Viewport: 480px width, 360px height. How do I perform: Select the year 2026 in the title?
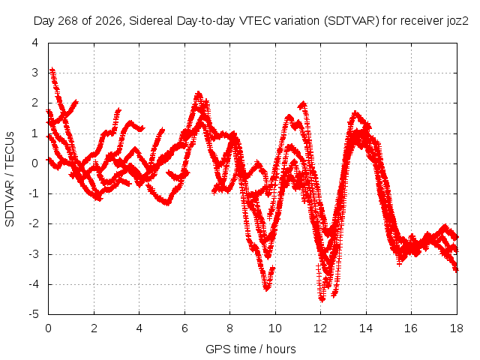108,21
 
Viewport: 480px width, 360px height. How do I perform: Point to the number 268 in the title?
67,21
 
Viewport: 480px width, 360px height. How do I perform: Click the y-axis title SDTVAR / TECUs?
10,179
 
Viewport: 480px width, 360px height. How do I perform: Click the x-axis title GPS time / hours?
250,349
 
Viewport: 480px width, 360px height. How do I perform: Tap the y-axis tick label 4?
35,43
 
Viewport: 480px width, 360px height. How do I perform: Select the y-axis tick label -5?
34,314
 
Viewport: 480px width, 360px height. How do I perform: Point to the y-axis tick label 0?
35,163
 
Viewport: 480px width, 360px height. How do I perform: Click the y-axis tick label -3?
34,253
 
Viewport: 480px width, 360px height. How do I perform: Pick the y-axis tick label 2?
35,103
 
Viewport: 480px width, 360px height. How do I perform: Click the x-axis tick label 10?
275,328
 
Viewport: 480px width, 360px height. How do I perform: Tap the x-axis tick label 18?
457,328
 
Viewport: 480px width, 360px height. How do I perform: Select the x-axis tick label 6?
184,328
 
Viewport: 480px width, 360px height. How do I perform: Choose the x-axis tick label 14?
366,328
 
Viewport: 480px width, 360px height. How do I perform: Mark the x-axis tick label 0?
48,328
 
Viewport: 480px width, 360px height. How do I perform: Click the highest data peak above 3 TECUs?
52,70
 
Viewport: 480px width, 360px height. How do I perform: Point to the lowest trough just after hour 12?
322,299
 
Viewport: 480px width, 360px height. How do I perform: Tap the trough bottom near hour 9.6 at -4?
267,288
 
